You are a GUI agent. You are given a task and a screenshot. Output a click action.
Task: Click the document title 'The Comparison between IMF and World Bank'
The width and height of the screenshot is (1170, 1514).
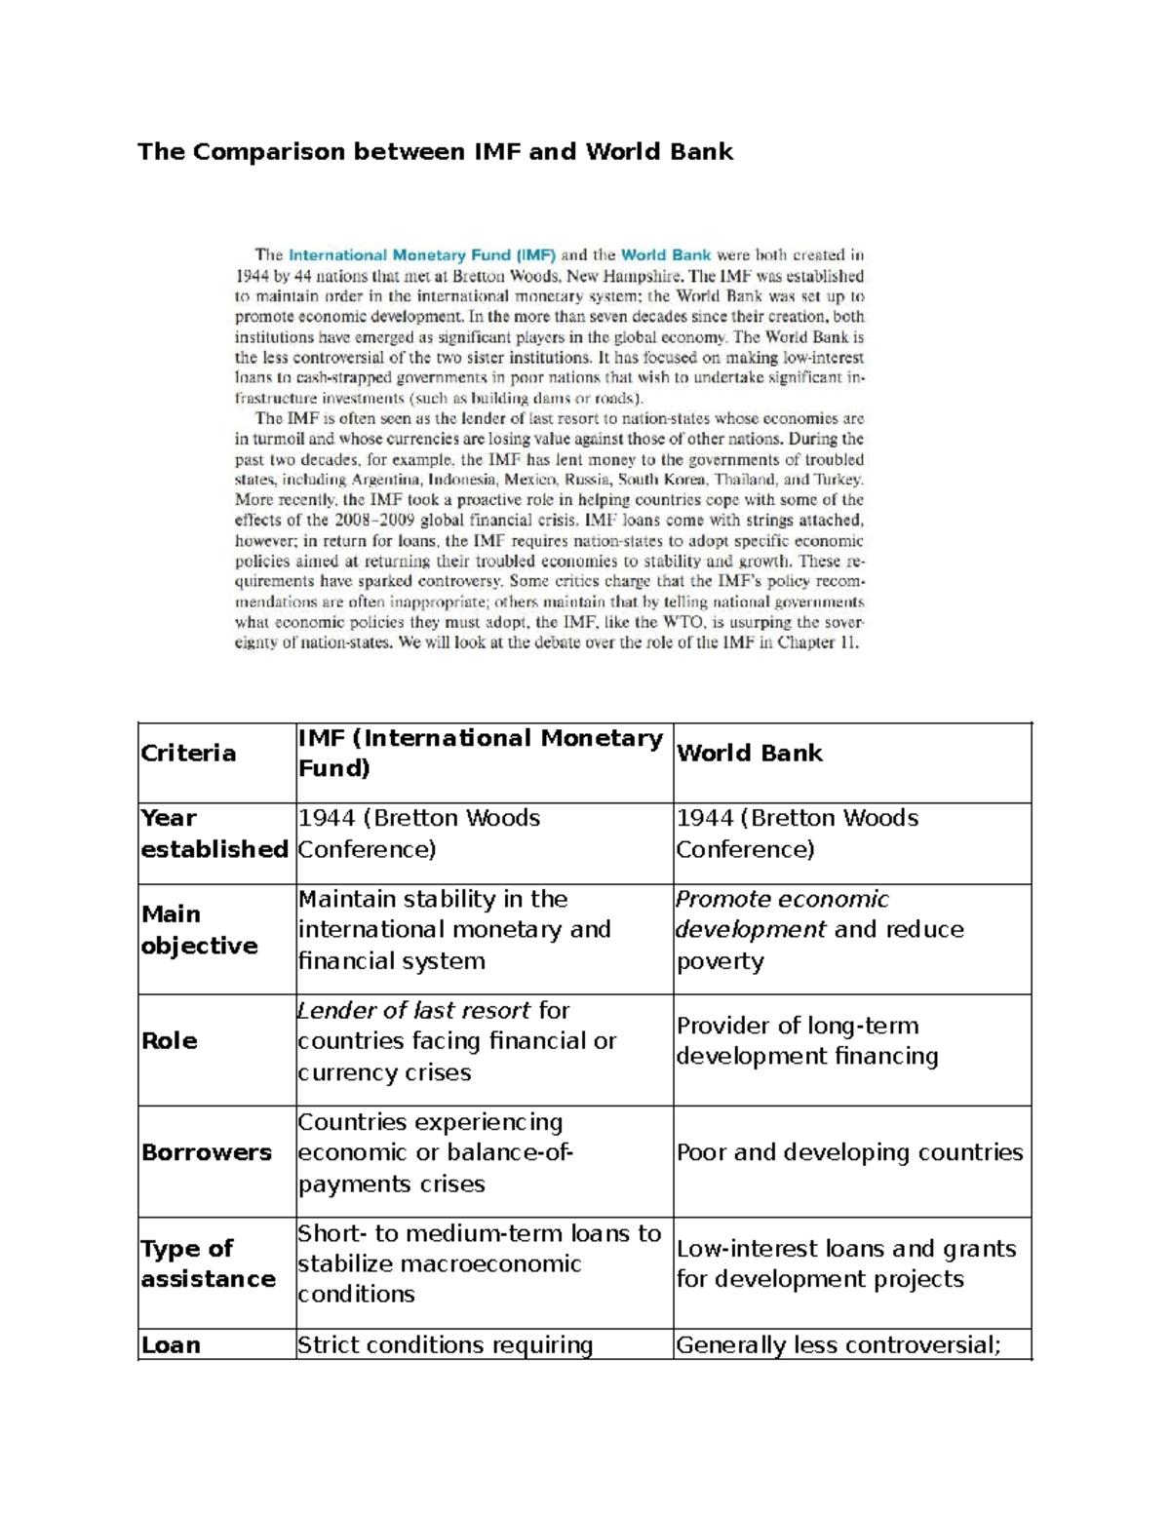[x=435, y=152]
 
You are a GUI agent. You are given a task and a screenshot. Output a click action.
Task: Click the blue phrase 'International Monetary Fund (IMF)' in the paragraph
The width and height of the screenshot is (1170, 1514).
[x=421, y=255]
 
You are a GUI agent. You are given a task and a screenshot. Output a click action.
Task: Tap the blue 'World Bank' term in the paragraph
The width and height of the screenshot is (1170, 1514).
[x=666, y=255]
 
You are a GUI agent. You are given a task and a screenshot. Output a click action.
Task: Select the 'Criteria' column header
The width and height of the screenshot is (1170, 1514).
[x=188, y=754]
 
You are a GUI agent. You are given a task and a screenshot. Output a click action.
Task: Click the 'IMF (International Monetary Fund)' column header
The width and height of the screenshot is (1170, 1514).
[x=480, y=754]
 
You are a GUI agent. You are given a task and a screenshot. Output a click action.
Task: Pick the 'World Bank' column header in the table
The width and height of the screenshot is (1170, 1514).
[x=749, y=754]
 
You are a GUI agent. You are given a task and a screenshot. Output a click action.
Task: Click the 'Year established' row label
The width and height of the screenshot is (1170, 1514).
[x=214, y=834]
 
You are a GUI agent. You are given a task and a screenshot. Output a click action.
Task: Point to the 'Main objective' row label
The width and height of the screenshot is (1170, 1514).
[x=199, y=930]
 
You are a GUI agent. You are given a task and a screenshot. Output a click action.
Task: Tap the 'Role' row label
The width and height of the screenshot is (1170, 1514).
[x=170, y=1041]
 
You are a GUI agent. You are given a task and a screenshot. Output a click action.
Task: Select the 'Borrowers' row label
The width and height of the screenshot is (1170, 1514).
[x=206, y=1152]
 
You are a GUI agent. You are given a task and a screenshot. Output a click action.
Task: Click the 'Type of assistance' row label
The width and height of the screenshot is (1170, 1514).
[x=208, y=1263]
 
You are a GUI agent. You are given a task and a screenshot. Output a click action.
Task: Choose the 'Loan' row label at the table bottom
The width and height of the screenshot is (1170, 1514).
[x=171, y=1345]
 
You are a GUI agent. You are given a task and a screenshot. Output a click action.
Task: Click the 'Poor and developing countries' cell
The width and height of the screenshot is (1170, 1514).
[x=849, y=1152]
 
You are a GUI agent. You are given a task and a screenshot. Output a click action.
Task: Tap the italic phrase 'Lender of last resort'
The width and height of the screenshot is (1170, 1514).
[x=414, y=1011]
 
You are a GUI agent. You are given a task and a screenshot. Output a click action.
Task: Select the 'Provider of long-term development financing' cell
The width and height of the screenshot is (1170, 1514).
[x=806, y=1041]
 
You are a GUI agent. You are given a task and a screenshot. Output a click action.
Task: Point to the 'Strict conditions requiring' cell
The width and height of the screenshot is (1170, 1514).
[x=445, y=1345]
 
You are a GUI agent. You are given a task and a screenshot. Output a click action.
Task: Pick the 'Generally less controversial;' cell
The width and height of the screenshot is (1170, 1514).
[x=838, y=1345]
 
